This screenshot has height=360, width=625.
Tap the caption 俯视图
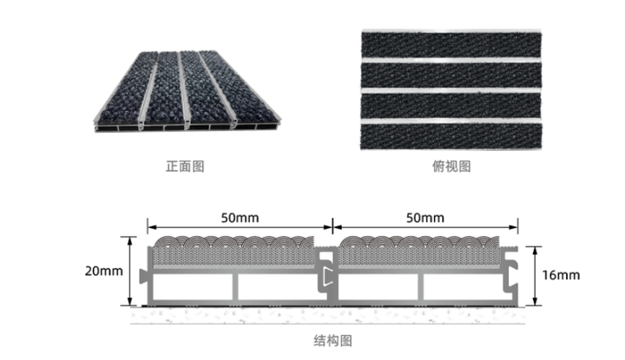pyautogui.click(x=451, y=166)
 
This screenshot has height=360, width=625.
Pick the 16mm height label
pyautogui.click(x=560, y=275)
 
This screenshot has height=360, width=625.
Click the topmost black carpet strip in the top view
pyautogui.click(x=451, y=44)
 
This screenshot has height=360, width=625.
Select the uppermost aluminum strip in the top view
pyautogui.click(x=451, y=61)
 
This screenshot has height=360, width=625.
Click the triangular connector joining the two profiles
pyautogui.click(x=326, y=276)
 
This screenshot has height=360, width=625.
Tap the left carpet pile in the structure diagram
pyautogui.click(x=234, y=249)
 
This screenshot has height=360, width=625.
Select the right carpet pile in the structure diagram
pyautogui.click(x=424, y=249)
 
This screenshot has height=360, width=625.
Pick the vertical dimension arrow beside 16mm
pyautogui.click(x=535, y=275)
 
